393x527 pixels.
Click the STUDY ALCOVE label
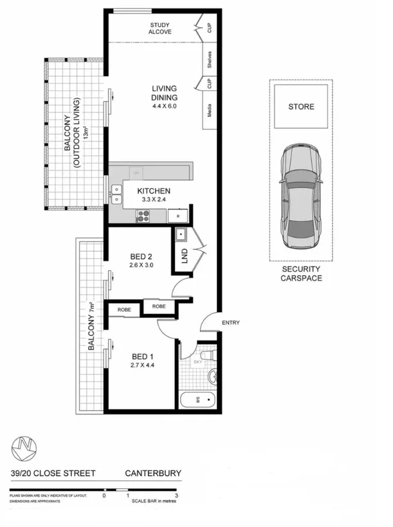pyautogui.click(x=160, y=28)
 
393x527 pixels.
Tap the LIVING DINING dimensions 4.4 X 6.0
pyautogui.click(x=164, y=106)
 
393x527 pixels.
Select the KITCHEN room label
pyautogui.click(x=154, y=191)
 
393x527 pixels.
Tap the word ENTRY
pyautogui.click(x=230, y=322)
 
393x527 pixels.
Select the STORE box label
pyautogui.click(x=301, y=106)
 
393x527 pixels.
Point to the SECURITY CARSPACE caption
pyautogui.click(x=301, y=274)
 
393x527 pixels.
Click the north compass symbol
pyautogui.click(x=24, y=447)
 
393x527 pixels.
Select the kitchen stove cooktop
pyautogui.click(x=142, y=216)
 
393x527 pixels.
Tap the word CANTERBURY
pyautogui.click(x=152, y=474)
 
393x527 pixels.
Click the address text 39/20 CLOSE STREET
pyautogui.click(x=53, y=474)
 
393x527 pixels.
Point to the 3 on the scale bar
pyautogui.click(x=176, y=496)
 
